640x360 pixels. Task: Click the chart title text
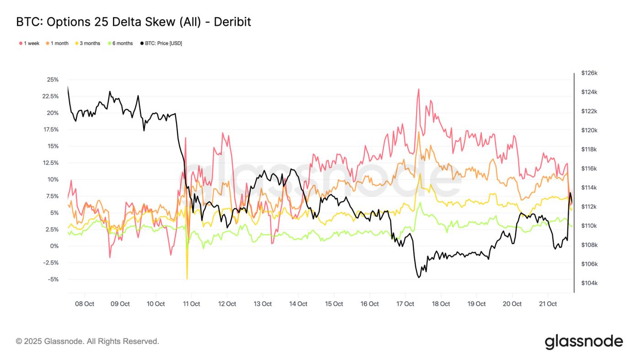coord(133,22)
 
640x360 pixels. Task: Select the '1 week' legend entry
coord(29,43)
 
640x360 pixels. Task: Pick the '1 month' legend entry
coord(57,43)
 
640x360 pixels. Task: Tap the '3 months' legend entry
coord(87,43)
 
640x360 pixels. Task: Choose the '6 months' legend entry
coord(120,43)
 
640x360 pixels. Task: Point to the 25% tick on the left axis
coord(53,80)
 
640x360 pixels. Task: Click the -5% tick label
coord(53,279)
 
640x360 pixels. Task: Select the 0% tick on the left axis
coord(54,246)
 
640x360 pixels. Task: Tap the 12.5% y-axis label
coord(50,163)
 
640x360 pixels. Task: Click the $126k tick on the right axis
coord(589,73)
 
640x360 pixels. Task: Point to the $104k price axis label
coord(589,283)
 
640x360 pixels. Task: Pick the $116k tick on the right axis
coord(589,169)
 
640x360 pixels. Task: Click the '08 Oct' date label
coord(85,304)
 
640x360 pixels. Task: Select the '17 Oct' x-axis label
coord(405,304)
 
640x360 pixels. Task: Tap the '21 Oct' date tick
coord(548,304)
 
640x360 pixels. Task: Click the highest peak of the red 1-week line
coord(418,89)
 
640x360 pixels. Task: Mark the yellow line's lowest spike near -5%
coord(187,278)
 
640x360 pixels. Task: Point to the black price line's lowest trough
coord(419,277)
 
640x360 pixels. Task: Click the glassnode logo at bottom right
coord(583,342)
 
